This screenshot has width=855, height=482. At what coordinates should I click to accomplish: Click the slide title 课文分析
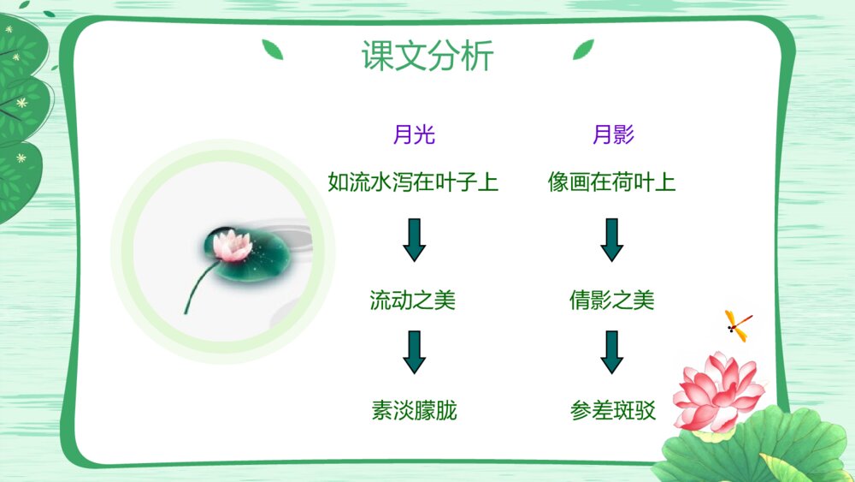pyautogui.click(x=427, y=55)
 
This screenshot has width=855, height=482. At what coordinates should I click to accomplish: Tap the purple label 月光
pyautogui.click(x=414, y=134)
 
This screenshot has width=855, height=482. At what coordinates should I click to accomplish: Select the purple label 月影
pyautogui.click(x=613, y=134)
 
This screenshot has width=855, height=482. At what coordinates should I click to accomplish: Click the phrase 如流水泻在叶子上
pyautogui.click(x=413, y=181)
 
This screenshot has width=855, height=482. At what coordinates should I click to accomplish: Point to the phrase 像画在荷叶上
pyautogui.click(x=612, y=181)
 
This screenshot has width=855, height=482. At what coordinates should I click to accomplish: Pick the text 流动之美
pyautogui.click(x=413, y=300)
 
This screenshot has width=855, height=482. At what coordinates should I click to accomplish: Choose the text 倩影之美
pyautogui.click(x=612, y=300)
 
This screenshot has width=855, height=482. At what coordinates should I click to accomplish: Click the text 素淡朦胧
pyautogui.click(x=414, y=410)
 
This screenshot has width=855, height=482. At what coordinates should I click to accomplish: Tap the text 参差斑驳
pyautogui.click(x=613, y=410)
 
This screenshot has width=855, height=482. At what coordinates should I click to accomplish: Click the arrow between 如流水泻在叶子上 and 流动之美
pyautogui.click(x=415, y=240)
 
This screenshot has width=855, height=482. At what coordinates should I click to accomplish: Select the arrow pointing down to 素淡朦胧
pyautogui.click(x=415, y=352)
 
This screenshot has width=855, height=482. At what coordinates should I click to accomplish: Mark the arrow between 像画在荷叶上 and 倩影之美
pyautogui.click(x=612, y=240)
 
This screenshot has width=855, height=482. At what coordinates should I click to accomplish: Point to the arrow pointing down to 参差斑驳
pyautogui.click(x=612, y=352)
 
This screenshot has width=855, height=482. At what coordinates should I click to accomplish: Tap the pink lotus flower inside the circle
pyautogui.click(x=233, y=245)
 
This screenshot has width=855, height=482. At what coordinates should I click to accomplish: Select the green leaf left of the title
pyautogui.click(x=273, y=49)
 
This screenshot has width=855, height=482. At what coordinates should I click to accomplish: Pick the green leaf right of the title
pyautogui.click(x=583, y=49)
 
